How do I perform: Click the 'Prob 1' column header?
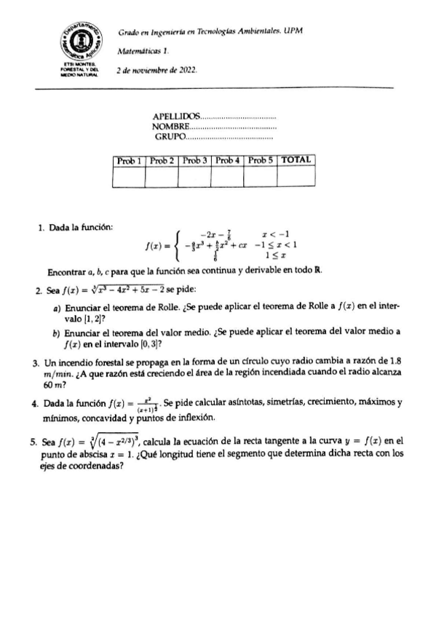pyautogui.click(x=129, y=159)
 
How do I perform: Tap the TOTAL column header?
pyautogui.click(x=296, y=159)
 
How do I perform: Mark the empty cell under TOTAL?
pyautogui.click(x=296, y=177)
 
